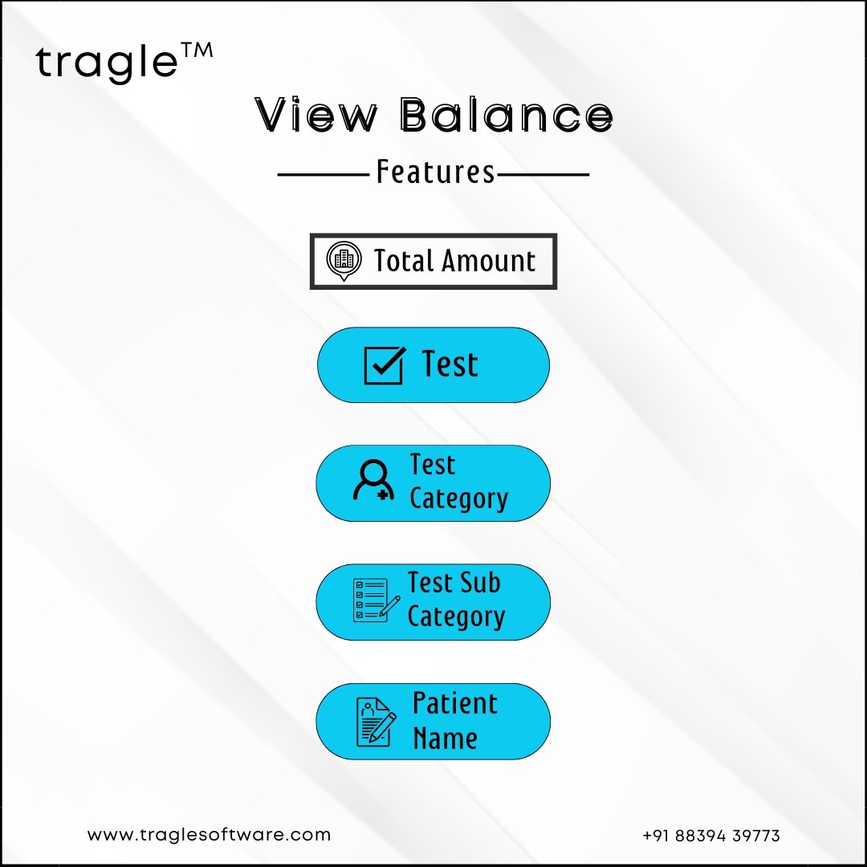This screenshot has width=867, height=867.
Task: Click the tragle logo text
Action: pos(107,63)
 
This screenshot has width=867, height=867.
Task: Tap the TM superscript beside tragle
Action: pos(197,51)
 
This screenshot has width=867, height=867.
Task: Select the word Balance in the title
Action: pos(506,115)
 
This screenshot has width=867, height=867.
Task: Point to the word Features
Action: pos(435,172)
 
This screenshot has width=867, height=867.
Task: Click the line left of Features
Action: pos(324,175)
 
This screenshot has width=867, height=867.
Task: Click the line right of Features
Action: pos(543,175)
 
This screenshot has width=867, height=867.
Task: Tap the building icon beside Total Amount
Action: pos(344,260)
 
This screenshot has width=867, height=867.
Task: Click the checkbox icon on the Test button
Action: pos(385,365)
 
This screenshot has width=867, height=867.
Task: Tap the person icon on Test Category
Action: pos(374,480)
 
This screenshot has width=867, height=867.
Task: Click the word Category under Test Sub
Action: pos(456,617)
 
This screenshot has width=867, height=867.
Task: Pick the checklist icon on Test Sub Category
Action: pos(377,600)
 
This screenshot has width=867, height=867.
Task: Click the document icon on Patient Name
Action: pos(376,722)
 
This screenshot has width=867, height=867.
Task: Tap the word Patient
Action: pos(455,704)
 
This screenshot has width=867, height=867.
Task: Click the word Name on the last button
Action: pos(445,739)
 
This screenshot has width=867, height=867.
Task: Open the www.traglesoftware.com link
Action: pos(209,834)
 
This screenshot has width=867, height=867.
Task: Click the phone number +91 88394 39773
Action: pos(711,836)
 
